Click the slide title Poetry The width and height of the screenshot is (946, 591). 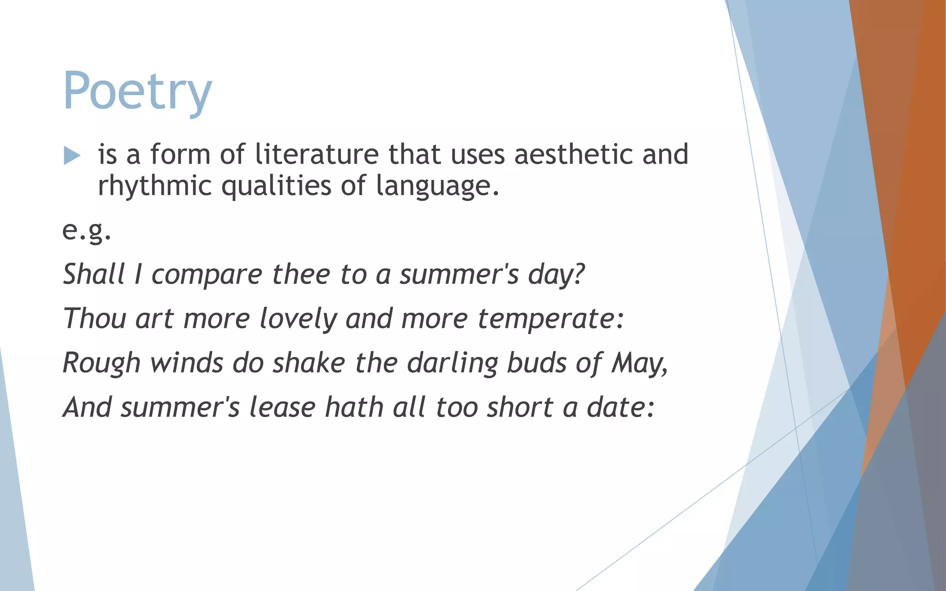pyautogui.click(x=137, y=91)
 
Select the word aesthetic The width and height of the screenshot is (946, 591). pyautogui.click(x=573, y=154)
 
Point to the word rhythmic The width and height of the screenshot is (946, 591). pyautogui.click(x=155, y=186)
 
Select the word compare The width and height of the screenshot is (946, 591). pyautogui.click(x=206, y=275)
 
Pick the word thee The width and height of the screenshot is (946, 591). pyautogui.click(x=301, y=274)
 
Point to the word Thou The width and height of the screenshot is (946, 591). pyautogui.click(x=94, y=318)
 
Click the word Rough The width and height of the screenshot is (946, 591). pyautogui.click(x=101, y=363)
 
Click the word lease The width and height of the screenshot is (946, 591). pyautogui.click(x=282, y=407)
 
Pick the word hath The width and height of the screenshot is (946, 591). pyautogui.click(x=354, y=407)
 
